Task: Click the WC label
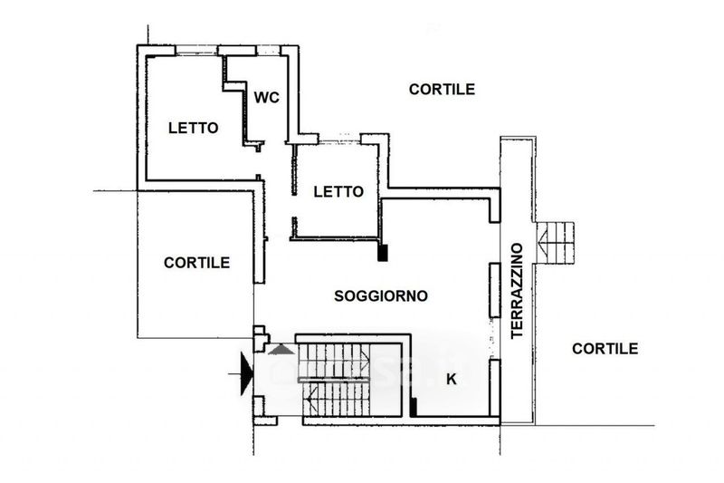click(267, 98)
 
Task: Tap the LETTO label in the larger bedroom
click(193, 128)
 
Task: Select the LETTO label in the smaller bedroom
click(338, 191)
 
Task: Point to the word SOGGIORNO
click(381, 295)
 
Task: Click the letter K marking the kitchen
click(452, 380)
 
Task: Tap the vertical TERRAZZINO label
click(517, 291)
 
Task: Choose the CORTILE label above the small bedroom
click(442, 89)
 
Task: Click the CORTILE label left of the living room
click(196, 263)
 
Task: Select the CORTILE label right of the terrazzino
click(605, 349)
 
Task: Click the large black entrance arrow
click(247, 373)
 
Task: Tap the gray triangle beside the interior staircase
click(281, 350)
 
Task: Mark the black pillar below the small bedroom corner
click(382, 253)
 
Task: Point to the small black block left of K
click(414, 407)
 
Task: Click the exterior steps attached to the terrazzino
click(554, 243)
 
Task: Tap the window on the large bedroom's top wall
click(196, 51)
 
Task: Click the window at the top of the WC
click(268, 51)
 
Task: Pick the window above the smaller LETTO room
click(339, 139)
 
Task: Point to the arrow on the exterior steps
click(543, 243)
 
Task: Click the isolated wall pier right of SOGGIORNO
click(494, 290)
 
